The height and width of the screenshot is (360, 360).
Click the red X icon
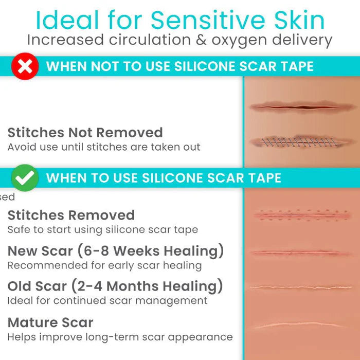point(25,67)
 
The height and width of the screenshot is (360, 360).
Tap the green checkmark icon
point(25,178)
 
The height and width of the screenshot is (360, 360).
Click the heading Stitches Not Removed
point(85,133)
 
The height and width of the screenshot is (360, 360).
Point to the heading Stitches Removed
point(71,215)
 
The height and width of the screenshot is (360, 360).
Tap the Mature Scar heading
point(50,323)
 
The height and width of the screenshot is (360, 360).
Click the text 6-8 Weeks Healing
point(149,251)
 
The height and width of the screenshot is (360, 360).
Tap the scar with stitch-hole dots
point(301,215)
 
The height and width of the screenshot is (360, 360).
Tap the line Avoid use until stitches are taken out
point(103,147)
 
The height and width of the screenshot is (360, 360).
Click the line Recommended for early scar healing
point(104,265)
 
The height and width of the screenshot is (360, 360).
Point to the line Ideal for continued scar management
point(107,300)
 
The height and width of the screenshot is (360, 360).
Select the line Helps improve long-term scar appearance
point(119,337)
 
